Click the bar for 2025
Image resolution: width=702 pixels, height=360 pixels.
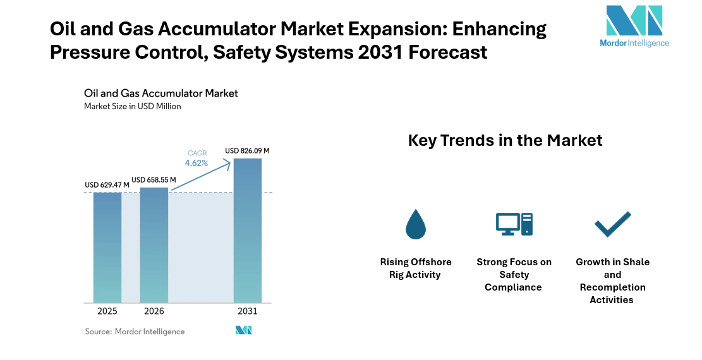click(x=107, y=247)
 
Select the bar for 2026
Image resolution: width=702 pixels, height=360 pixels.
click(x=154, y=244)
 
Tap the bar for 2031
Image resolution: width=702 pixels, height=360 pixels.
click(x=248, y=230)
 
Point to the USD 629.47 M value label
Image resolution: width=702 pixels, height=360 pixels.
click(x=107, y=185)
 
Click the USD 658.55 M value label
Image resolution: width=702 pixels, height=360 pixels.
click(x=154, y=180)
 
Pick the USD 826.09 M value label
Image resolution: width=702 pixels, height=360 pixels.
click(x=247, y=151)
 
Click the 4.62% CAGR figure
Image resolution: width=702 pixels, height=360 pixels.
click(x=196, y=163)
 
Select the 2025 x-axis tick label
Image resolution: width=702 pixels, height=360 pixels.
click(x=107, y=311)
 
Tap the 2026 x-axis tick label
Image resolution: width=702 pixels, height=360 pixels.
click(x=154, y=311)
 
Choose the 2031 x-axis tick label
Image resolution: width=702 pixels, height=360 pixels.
click(x=248, y=311)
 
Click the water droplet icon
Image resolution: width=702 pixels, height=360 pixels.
click(x=415, y=224)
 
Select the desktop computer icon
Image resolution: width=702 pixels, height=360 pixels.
click(x=514, y=224)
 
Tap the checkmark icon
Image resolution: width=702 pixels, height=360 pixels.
click(x=612, y=224)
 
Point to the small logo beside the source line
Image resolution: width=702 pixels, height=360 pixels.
click(x=244, y=330)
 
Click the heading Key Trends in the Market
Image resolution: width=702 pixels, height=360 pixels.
click(x=505, y=140)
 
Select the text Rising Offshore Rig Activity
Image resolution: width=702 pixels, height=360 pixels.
click(x=415, y=268)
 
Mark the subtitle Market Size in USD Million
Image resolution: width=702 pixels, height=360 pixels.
click(x=133, y=106)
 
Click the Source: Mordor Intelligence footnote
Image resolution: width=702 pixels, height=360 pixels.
click(x=135, y=331)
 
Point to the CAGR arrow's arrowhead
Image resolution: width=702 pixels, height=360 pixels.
click(x=227, y=164)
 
